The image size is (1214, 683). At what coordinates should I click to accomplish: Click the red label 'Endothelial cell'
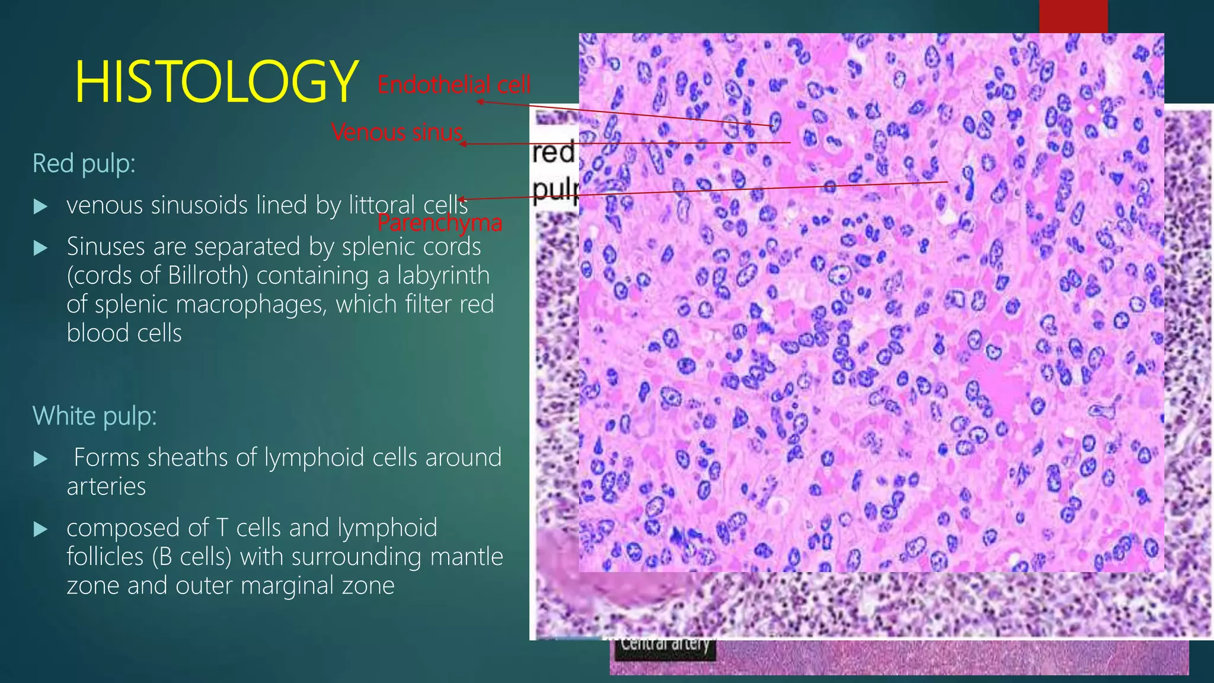[454, 85]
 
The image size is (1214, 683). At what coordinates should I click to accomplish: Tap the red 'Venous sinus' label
[397, 132]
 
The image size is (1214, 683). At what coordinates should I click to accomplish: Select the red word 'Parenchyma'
[440, 223]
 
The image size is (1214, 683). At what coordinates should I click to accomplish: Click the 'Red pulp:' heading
[84, 164]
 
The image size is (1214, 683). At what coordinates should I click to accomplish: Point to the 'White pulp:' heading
[94, 416]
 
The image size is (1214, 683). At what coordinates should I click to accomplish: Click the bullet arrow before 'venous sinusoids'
[40, 206]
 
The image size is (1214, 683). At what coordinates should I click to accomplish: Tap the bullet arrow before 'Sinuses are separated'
[40, 248]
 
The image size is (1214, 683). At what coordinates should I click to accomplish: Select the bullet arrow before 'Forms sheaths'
[40, 459]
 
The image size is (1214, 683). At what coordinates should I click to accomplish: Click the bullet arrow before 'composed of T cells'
[40, 529]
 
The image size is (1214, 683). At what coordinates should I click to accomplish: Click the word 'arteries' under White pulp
[106, 487]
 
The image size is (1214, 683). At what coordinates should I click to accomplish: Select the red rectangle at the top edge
[1073, 16]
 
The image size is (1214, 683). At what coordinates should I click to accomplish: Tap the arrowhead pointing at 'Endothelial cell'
[481, 102]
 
